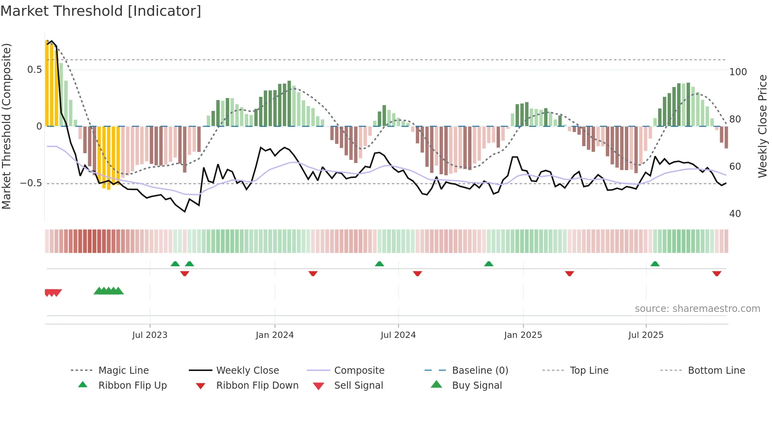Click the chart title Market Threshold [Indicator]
pos(101,11)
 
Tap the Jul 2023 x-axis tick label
pos(150,335)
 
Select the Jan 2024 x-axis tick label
pos(275,335)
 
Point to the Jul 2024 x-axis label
pos(398,335)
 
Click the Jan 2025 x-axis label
pos(523,335)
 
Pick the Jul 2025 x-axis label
pos(646,335)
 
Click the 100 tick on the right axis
pos(738,72)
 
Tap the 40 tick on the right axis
pos(735,214)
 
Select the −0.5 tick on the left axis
pos(31,184)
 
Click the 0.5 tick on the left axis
pos(34,70)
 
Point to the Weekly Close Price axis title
pos(763,126)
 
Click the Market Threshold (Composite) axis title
pos(6,126)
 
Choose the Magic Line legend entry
pos(123,371)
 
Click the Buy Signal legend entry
pos(477,386)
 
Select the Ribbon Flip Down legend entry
pos(257,386)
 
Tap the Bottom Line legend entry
pos(716,371)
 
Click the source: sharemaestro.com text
pos(697,309)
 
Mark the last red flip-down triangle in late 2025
pos(716,273)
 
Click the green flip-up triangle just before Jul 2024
pos(379,264)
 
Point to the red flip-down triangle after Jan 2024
pos(313,273)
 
